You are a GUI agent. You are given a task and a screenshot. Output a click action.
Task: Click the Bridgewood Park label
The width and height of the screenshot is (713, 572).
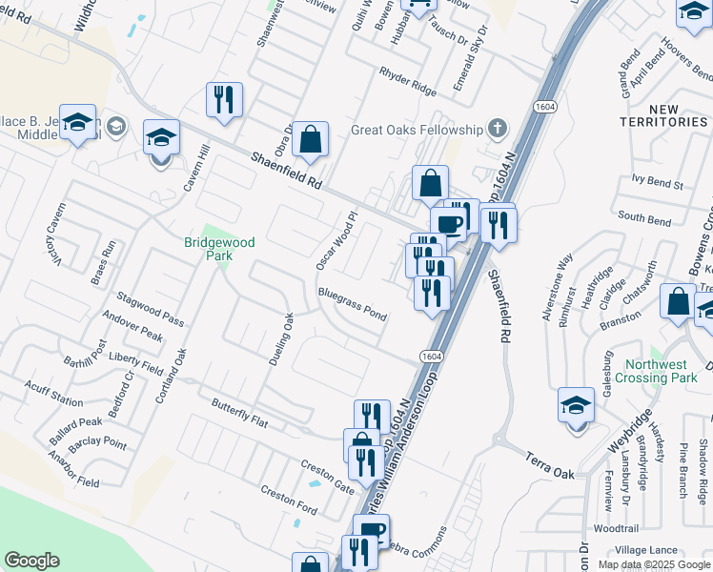[219, 249]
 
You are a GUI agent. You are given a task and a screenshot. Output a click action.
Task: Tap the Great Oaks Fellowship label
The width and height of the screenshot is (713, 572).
[416, 129]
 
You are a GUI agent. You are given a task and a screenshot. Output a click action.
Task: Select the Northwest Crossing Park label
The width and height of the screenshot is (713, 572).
[670, 371]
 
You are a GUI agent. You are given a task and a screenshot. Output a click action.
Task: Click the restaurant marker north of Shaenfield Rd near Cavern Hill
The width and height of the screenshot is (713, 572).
[224, 99]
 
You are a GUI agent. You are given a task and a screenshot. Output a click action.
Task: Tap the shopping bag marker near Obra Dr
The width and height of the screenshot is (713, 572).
[311, 139]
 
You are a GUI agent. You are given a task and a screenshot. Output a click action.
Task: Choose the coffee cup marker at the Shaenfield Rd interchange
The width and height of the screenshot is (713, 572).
[448, 226]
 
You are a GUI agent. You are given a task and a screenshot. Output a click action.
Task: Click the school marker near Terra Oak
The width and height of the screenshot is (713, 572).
[576, 406]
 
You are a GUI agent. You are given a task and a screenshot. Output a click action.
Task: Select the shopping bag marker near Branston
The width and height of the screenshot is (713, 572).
[678, 301]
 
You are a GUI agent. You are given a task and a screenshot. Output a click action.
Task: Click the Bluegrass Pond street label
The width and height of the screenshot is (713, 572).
[353, 303]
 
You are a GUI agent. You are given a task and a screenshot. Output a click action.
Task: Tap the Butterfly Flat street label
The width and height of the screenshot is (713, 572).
[243, 411]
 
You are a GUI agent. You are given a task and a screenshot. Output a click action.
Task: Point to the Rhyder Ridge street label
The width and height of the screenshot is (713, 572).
[407, 83]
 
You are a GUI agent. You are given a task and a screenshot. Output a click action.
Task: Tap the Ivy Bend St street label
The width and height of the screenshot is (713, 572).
[658, 180]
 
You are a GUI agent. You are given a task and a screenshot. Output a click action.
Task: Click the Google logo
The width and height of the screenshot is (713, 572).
[32, 561]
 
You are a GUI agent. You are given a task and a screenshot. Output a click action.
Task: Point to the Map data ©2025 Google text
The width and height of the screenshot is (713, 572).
[653, 564]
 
